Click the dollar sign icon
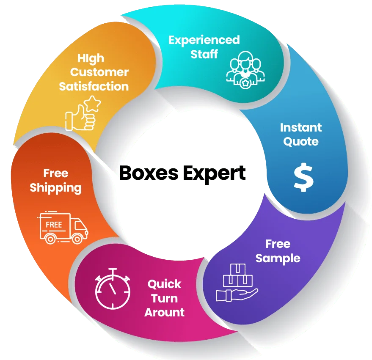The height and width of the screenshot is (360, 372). click(x=304, y=177)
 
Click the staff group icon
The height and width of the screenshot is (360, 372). click(x=244, y=70)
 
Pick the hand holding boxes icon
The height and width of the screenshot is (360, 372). click(x=237, y=283)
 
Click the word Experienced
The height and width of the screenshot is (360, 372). click(x=204, y=40)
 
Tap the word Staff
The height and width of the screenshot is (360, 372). click(x=204, y=54)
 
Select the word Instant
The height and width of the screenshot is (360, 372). click(x=301, y=127)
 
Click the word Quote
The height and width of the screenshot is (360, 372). click(x=301, y=141)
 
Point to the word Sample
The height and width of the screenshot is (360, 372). click(x=278, y=258)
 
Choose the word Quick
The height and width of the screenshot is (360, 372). click(x=164, y=284)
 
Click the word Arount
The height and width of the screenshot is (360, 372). click(x=165, y=313)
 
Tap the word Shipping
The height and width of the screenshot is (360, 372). click(x=55, y=188)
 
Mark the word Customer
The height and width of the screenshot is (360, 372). click(x=99, y=72)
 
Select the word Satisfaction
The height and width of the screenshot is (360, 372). click(x=94, y=86)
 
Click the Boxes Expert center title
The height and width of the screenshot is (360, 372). click(x=182, y=174)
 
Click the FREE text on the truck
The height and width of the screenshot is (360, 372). click(x=54, y=224)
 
